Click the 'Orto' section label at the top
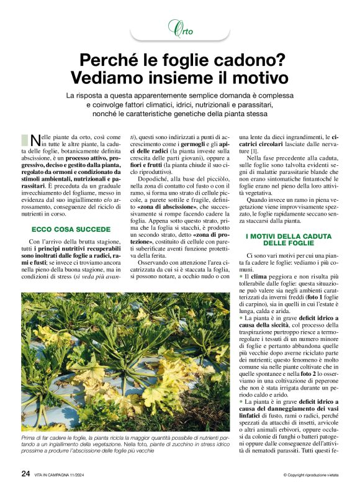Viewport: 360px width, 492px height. tap(180, 30)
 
